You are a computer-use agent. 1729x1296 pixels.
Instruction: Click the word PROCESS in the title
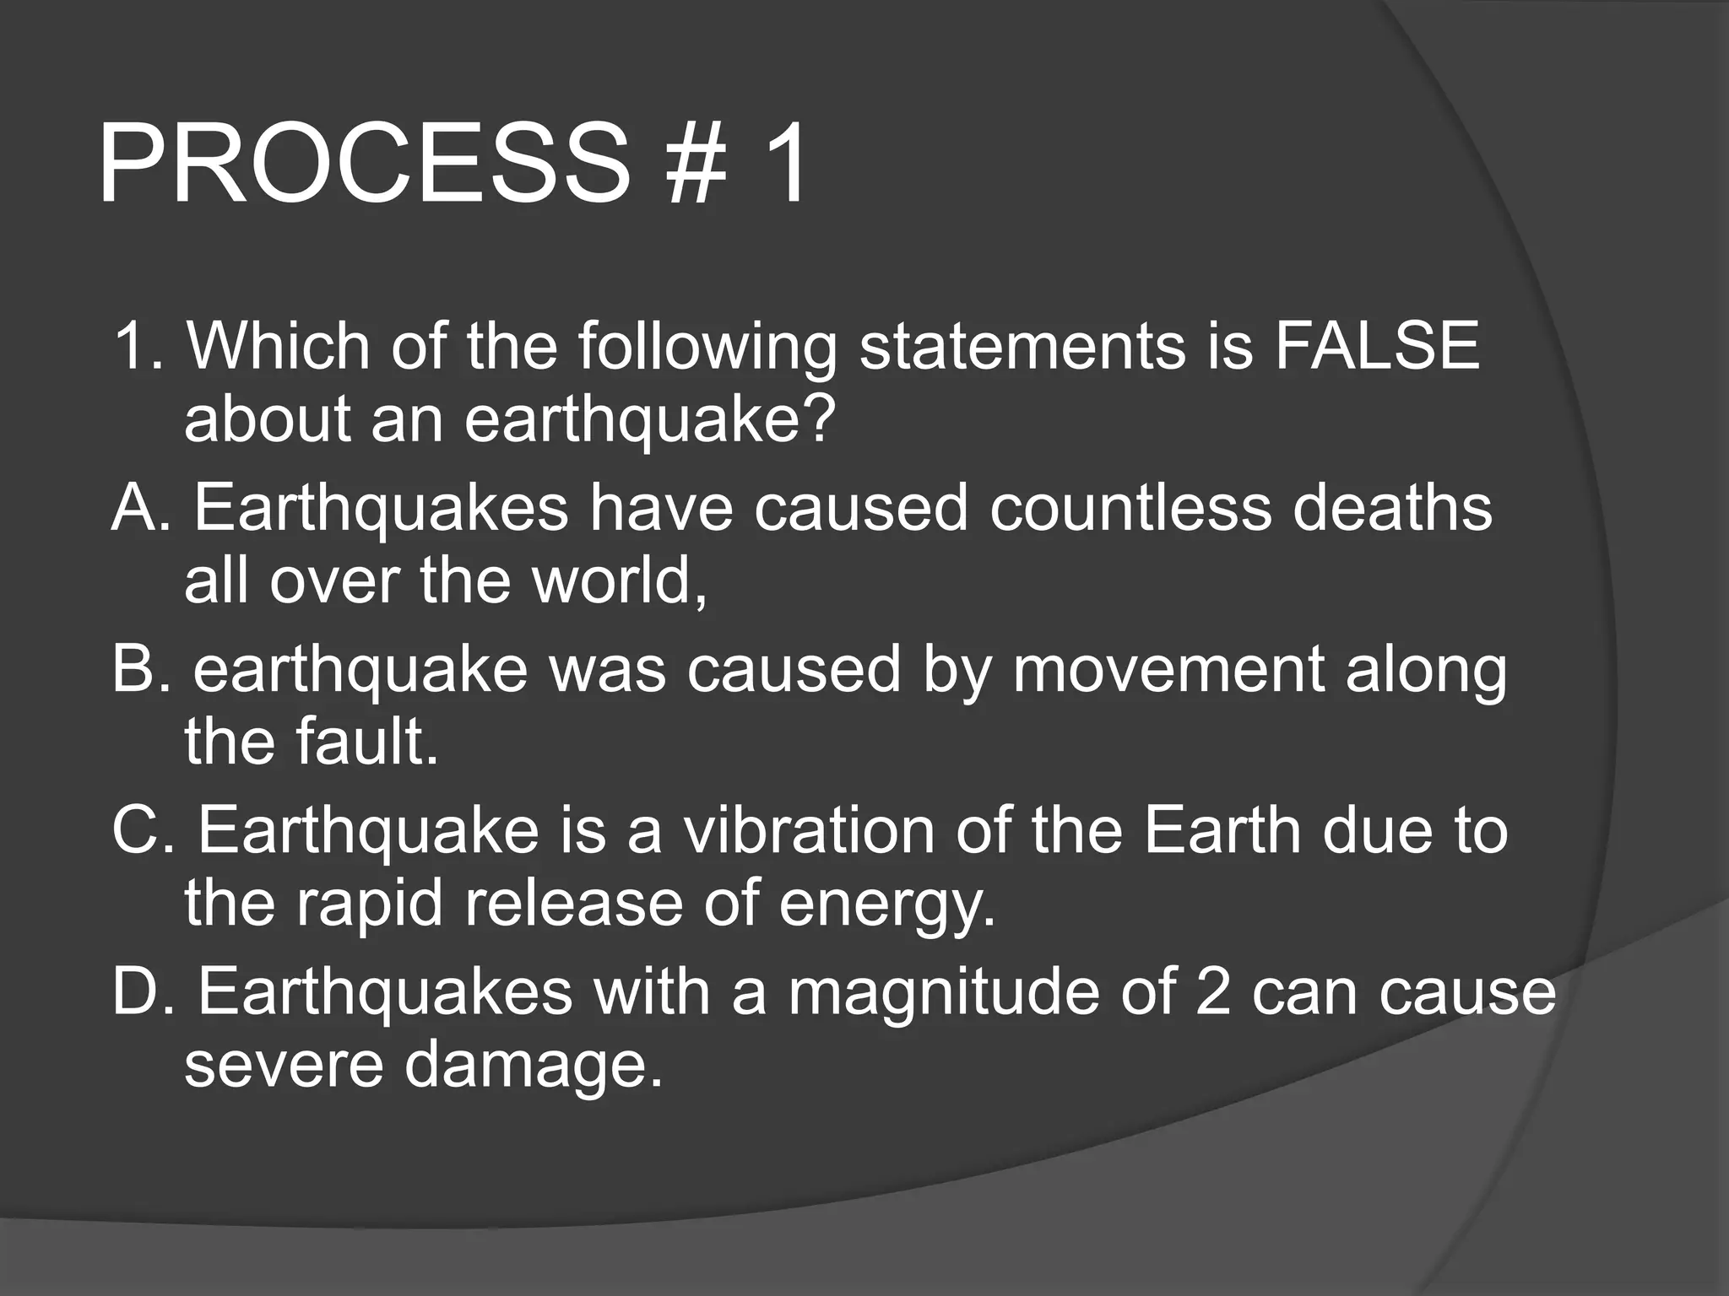(x=363, y=165)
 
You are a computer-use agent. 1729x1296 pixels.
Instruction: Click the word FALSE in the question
(x=1377, y=346)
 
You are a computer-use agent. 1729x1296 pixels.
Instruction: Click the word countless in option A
(x=1130, y=509)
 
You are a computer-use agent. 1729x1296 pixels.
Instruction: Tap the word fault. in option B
(x=366, y=742)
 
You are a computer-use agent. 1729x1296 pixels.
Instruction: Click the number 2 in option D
(x=1214, y=992)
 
